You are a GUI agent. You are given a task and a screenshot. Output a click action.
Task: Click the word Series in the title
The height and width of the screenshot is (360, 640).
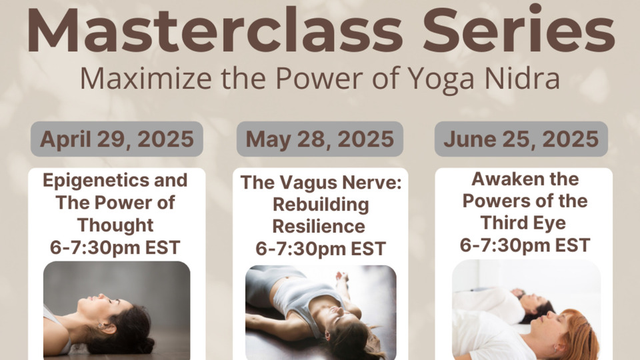[519, 29]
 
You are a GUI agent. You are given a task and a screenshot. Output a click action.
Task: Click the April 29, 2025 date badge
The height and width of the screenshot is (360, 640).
[117, 139]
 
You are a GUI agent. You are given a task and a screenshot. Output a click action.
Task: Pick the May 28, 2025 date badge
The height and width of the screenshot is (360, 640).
[320, 139]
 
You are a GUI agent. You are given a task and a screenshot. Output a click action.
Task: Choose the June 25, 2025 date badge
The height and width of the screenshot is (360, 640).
[521, 139]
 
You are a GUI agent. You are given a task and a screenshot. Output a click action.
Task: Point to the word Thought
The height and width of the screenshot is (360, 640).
[115, 225]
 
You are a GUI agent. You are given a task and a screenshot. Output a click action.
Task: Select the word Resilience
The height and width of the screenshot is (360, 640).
[319, 226]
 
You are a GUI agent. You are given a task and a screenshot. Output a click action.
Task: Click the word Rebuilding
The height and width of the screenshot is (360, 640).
[321, 205]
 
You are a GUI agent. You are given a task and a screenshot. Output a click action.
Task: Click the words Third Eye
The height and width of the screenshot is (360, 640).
[523, 223]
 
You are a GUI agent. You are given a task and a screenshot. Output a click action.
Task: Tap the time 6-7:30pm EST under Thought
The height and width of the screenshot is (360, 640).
[115, 247]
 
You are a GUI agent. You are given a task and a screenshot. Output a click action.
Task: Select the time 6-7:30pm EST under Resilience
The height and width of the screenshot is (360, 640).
[321, 249]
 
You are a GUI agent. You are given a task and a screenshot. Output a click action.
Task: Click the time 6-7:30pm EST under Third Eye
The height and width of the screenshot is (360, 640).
[525, 245]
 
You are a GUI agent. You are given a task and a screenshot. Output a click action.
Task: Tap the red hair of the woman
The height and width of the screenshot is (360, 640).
[579, 333]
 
